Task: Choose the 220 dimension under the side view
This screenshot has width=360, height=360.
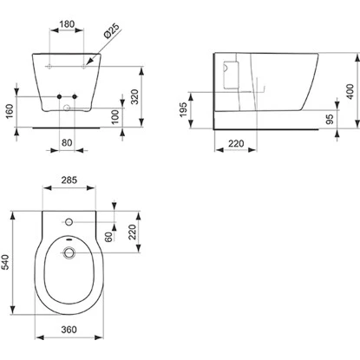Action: [230, 142]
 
